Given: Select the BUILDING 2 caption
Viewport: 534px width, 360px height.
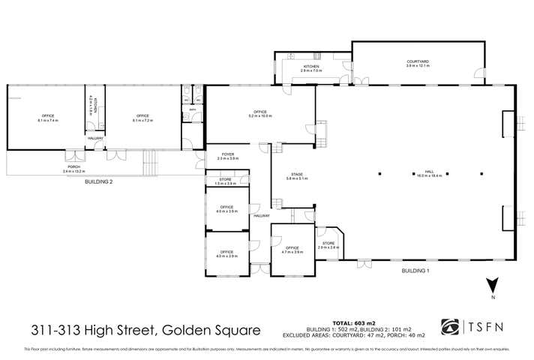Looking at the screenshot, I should click(x=99, y=182).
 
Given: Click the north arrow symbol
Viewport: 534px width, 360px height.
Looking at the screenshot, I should click(x=492, y=286).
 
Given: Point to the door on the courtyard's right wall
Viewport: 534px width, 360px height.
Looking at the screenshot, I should click(x=478, y=73).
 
